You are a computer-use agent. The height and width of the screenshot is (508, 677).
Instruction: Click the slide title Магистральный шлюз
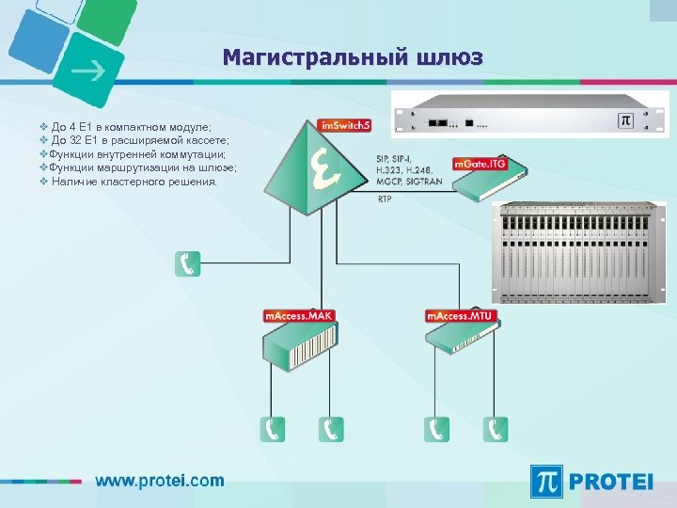[x=353, y=58]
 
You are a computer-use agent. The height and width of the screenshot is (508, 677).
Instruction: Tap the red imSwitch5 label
[x=344, y=125]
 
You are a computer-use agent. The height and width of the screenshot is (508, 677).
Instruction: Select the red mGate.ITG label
[x=480, y=165]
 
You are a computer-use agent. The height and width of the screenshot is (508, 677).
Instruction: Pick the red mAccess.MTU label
[x=460, y=316]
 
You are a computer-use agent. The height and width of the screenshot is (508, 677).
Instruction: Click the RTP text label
[x=385, y=200]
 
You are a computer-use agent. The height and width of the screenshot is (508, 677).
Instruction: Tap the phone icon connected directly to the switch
[x=187, y=263]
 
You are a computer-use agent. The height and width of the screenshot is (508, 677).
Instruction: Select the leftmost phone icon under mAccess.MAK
[x=273, y=429]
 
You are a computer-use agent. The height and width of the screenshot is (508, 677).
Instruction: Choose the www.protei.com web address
[x=160, y=480]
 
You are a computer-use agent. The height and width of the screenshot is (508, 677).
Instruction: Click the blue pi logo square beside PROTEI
[x=548, y=481]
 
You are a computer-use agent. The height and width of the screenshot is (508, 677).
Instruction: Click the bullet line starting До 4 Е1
[x=132, y=125]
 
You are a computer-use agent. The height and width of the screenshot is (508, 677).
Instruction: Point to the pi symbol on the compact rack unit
[x=623, y=120]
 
